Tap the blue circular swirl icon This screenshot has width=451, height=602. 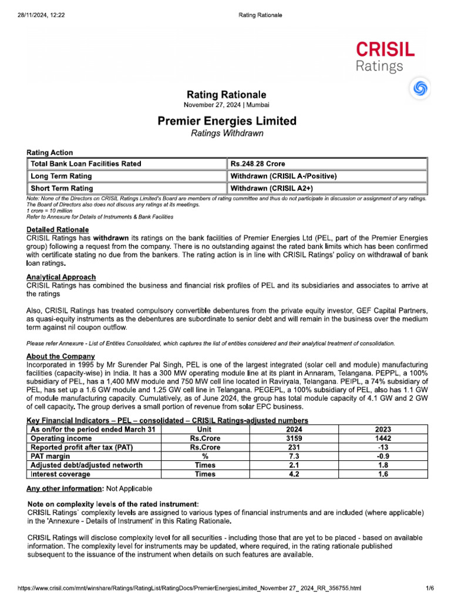420,88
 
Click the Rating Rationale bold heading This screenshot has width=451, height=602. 226,95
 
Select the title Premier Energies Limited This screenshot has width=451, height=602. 227,121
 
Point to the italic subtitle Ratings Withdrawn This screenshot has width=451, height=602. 227,133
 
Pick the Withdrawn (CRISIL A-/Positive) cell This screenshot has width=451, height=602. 283,176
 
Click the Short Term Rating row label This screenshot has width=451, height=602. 62,188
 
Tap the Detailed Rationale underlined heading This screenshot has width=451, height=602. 58,229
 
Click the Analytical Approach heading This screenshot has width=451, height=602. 61,276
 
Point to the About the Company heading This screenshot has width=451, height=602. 60,356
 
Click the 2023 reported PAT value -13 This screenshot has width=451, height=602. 383,447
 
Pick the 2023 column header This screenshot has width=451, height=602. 383,430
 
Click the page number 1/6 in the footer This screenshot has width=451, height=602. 429,588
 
